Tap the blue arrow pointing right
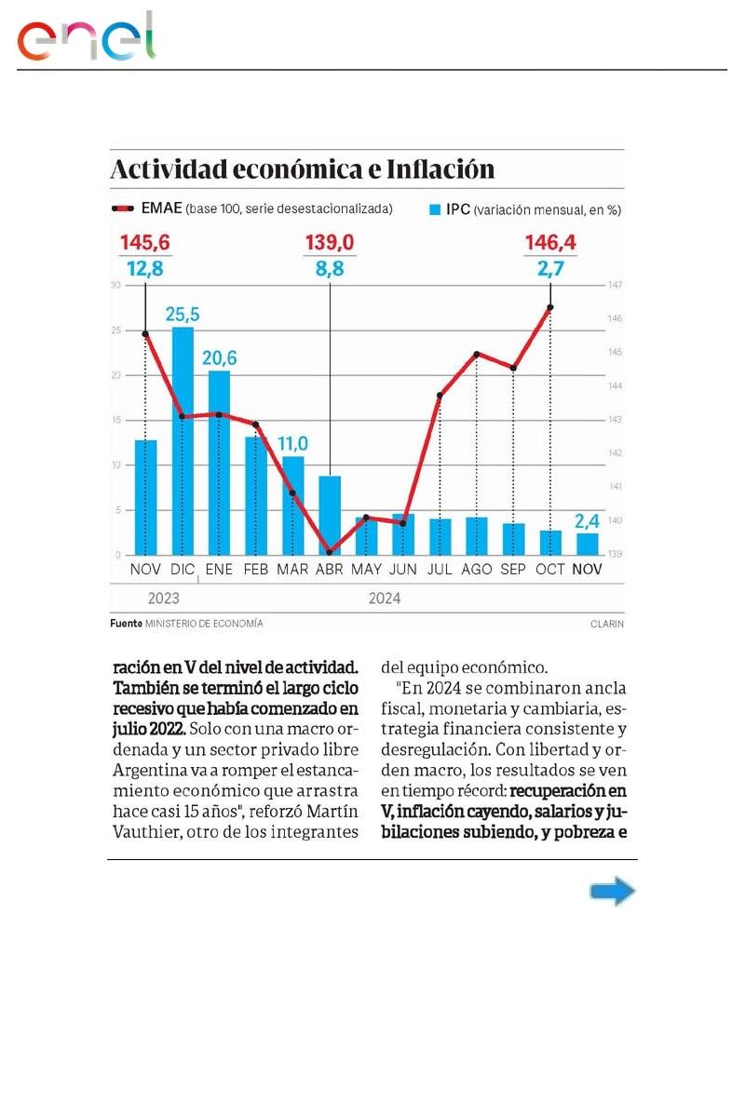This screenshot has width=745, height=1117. [613, 893]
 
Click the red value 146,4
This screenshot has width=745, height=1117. [550, 244]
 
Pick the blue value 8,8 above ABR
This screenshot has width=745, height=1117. [330, 270]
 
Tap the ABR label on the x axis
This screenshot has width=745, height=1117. [331, 569]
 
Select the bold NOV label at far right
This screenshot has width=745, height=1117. [587, 569]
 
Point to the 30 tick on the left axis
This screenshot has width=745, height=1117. [115, 285]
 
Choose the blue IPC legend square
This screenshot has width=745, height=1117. [434, 210]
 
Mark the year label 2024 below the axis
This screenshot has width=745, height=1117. [385, 599]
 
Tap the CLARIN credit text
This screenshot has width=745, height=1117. [606, 624]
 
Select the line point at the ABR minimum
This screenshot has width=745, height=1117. [330, 551]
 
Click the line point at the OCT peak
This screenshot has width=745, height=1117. [550, 307]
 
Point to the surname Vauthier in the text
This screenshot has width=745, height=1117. [148, 832]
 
